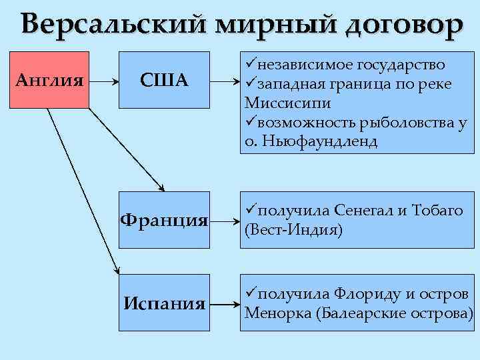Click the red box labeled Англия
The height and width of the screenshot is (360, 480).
[x=49, y=80]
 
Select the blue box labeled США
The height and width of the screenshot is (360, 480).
[x=163, y=80]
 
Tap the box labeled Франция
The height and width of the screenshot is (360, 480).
[x=163, y=219]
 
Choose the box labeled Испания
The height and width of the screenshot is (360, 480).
[x=163, y=303]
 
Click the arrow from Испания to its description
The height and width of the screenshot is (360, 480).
[x=224, y=304]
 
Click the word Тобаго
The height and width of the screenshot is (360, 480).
[x=437, y=211]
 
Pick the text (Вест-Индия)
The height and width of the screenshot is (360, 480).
[x=294, y=231]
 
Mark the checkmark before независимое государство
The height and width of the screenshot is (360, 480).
[x=251, y=65]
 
